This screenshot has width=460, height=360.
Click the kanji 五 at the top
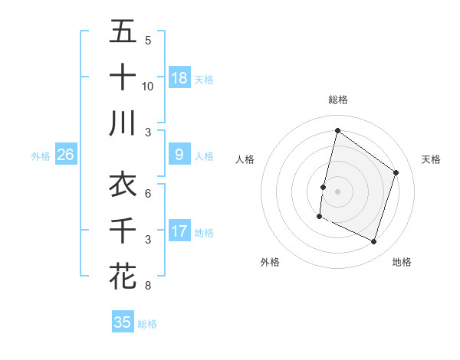point(123,32)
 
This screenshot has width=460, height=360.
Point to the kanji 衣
point(123,185)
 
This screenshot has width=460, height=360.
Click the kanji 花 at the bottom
point(123,277)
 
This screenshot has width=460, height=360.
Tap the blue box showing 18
point(179,77)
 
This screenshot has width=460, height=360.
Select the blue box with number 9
point(179,155)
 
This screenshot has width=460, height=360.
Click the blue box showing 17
point(179,231)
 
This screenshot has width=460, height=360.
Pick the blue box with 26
point(66,155)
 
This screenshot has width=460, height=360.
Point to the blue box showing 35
point(123,322)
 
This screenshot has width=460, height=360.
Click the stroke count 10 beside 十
point(148,86)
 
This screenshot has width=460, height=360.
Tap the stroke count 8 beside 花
point(148,286)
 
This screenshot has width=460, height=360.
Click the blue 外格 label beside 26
point(41,156)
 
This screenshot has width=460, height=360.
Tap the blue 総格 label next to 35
point(147,324)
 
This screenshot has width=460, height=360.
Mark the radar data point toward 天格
point(396,172)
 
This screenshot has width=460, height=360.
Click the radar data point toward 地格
point(374,242)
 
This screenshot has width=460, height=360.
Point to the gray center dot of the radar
point(337,191)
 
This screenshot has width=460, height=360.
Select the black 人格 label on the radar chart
point(245,159)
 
